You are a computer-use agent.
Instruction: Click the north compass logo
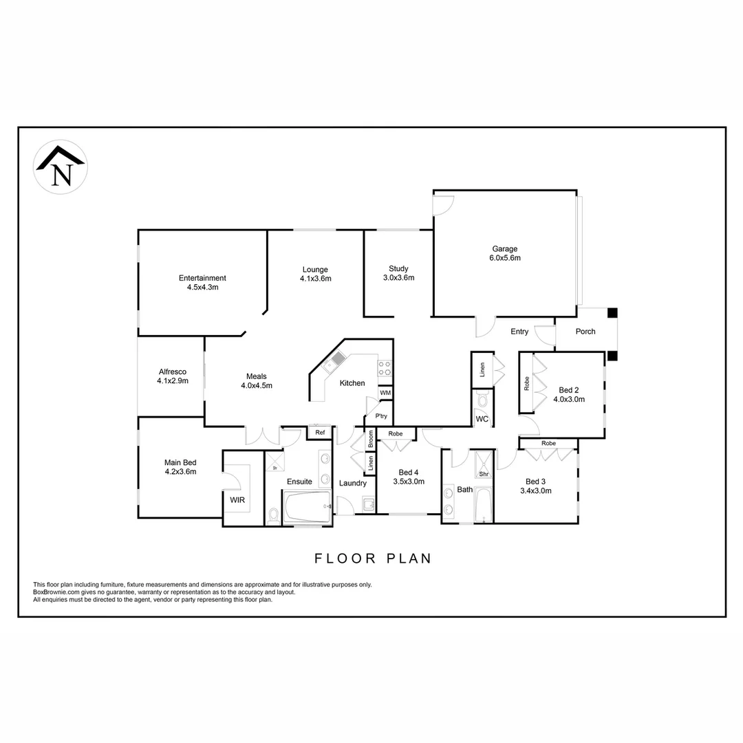[61, 167]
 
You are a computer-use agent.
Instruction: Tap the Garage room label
[504, 254]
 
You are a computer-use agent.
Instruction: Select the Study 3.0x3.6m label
[398, 273]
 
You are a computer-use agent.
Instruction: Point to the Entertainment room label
[202, 283]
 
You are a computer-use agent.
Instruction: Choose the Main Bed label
[180, 467]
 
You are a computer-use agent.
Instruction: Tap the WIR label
[237, 500]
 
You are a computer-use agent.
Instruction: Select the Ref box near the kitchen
[320, 433]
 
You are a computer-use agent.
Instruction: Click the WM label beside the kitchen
[385, 393]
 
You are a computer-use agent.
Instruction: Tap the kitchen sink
[338, 359]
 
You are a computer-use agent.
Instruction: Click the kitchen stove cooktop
[385, 367]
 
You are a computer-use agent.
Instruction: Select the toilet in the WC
[482, 398]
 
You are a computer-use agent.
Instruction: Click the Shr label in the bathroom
[484, 474]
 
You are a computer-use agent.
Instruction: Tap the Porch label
[585, 332]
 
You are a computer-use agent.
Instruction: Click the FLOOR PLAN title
[373, 558]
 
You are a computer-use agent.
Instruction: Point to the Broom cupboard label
[370, 440]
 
